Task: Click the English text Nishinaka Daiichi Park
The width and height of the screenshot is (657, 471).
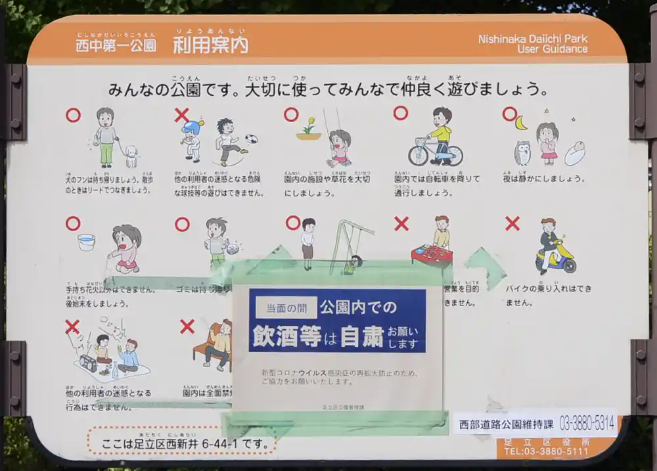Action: (x=532, y=39)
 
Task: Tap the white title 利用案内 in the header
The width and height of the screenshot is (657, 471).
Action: (x=210, y=45)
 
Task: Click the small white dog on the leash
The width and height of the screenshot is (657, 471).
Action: (x=131, y=155)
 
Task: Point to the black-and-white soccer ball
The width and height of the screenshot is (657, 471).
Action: (x=251, y=139)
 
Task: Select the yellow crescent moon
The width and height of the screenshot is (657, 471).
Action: (x=521, y=123)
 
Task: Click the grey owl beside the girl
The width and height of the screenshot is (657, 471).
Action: (x=522, y=153)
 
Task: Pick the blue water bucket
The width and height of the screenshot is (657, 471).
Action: (x=86, y=242)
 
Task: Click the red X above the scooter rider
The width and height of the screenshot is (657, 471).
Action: (x=512, y=223)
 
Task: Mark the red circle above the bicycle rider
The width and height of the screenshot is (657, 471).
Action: (x=401, y=113)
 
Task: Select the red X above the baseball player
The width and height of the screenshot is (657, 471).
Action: (x=182, y=115)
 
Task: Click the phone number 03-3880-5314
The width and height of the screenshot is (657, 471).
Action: (x=587, y=424)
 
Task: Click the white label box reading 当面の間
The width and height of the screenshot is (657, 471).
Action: (x=286, y=307)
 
